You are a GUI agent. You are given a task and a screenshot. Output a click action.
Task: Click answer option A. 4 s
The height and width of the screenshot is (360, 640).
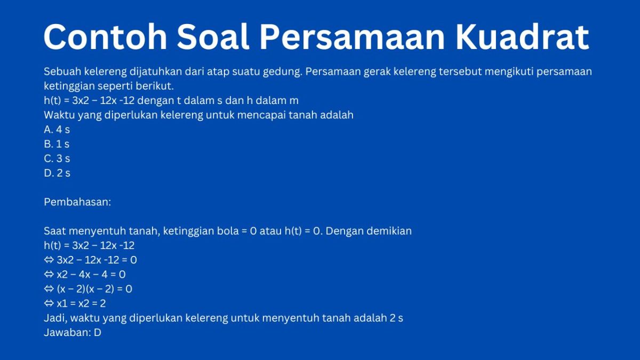click(x=57, y=130)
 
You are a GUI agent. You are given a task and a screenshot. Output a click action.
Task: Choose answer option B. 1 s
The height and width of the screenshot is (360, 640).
click(x=57, y=144)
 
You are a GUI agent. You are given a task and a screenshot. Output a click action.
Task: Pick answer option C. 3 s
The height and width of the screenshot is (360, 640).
click(x=57, y=158)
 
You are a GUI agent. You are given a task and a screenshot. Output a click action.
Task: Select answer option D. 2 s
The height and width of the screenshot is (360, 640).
click(x=57, y=173)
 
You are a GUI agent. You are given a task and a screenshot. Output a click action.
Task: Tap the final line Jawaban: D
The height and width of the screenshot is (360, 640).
click(x=73, y=332)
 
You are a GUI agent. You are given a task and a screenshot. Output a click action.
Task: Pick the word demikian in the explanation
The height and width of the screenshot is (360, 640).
click(x=389, y=231)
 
